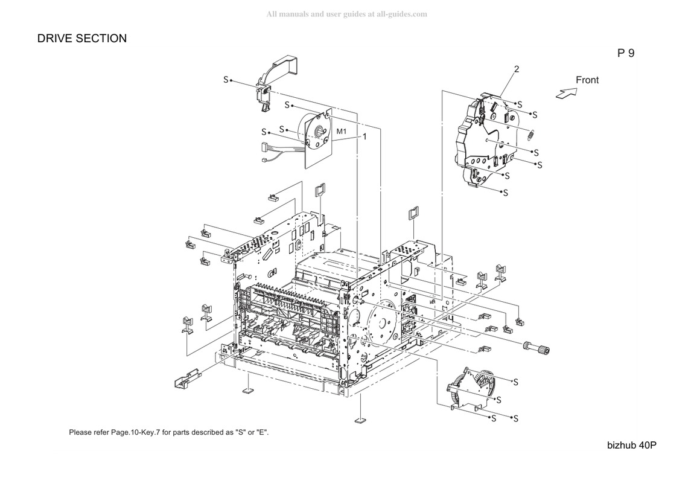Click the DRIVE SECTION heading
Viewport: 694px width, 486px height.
(x=82, y=39)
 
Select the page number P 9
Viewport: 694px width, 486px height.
(x=626, y=53)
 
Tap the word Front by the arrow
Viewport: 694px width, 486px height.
(x=587, y=80)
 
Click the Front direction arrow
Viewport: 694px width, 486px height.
(x=567, y=94)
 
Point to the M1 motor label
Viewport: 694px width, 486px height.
(x=341, y=132)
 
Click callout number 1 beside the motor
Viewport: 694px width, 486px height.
(x=365, y=137)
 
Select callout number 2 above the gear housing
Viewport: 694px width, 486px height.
(x=517, y=69)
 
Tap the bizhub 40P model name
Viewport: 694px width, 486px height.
(x=632, y=446)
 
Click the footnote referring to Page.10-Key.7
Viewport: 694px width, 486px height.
(x=168, y=432)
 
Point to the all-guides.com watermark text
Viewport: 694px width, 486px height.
(x=346, y=14)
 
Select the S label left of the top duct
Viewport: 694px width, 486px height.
(x=226, y=80)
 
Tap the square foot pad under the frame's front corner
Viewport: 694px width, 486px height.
(x=361, y=420)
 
